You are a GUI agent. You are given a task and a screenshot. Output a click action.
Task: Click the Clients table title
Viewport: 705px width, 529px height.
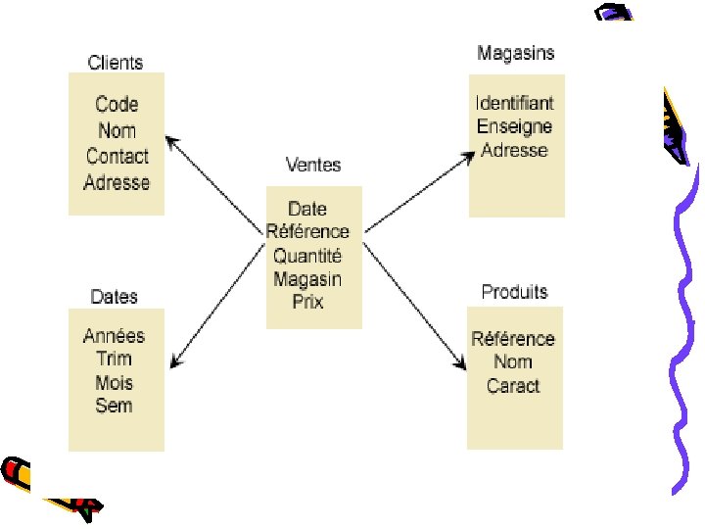point(116,63)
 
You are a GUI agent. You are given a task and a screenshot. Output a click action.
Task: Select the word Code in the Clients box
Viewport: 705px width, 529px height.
point(117,104)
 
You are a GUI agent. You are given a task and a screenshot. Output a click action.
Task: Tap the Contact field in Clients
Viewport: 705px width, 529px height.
point(117,156)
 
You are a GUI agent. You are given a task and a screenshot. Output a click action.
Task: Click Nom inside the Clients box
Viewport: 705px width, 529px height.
point(117,130)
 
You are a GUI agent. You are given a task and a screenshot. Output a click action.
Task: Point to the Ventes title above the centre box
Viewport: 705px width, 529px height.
point(313,164)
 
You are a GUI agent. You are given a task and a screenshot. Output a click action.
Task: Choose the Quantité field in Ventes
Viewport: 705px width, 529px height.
point(307,256)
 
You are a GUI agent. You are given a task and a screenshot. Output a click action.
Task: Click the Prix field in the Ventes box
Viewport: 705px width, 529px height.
point(307,301)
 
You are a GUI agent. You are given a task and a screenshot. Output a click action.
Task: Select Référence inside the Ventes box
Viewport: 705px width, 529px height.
point(307,232)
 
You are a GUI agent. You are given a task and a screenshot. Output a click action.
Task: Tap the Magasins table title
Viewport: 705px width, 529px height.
point(515,53)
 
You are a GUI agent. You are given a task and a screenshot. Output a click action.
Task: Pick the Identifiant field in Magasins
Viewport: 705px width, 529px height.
point(514,102)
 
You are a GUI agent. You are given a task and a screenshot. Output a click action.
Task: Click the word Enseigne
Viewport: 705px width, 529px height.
point(514,125)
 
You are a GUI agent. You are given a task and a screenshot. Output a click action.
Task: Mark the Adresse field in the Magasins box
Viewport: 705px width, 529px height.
point(514,150)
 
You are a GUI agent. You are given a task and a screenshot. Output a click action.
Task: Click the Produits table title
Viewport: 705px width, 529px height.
point(514,292)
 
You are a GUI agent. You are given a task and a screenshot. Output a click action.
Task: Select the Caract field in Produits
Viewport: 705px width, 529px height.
point(513,385)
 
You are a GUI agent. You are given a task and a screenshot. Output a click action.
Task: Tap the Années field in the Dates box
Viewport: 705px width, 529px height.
point(114,336)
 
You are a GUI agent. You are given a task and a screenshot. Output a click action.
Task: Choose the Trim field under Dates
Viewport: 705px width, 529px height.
point(114,359)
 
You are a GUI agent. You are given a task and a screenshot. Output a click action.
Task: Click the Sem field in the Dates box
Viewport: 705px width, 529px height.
point(114,405)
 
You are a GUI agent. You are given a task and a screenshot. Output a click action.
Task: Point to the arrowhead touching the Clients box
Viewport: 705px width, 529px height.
point(174,143)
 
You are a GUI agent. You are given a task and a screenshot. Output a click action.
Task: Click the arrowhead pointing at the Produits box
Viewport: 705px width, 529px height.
point(459,363)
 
